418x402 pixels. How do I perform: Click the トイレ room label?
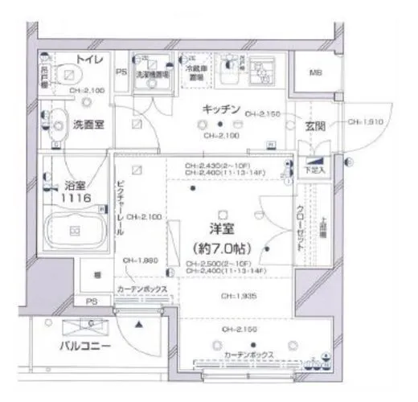(88, 59)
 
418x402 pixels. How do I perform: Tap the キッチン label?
(221, 109)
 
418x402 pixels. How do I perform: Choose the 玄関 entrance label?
(314, 125)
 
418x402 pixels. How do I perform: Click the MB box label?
(317, 73)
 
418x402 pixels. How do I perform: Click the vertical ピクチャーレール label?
(120, 207)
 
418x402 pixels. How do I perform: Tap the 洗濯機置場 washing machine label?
(147, 72)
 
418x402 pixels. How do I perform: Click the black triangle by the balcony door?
(139, 325)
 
